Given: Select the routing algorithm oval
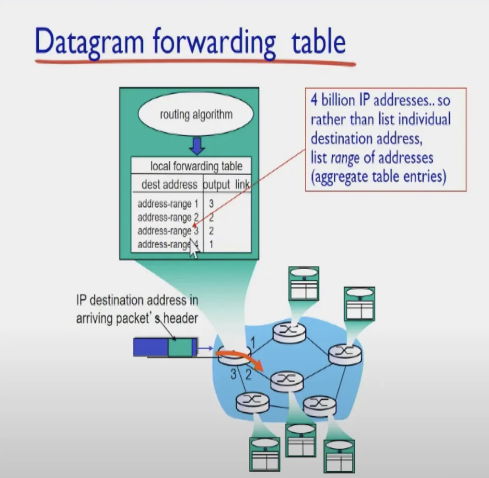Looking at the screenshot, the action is pyautogui.click(x=195, y=115).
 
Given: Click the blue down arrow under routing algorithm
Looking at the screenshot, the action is pyautogui.click(x=196, y=145).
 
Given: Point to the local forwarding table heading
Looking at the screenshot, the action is pyautogui.click(x=196, y=167).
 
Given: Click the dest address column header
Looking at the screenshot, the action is pyautogui.click(x=169, y=184).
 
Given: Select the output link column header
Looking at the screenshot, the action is pyautogui.click(x=227, y=185).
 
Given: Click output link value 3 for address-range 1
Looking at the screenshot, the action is pyautogui.click(x=211, y=204).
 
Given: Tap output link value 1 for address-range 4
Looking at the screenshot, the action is pyautogui.click(x=211, y=245).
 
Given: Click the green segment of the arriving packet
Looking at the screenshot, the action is pyautogui.click(x=179, y=347).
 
